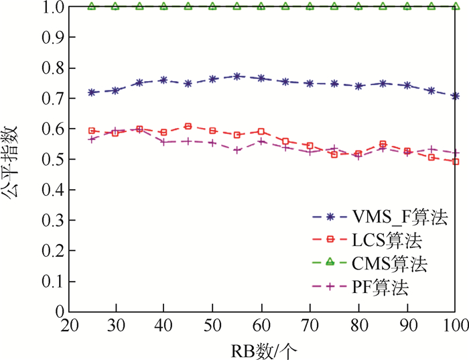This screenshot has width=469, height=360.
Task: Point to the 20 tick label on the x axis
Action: (68, 324)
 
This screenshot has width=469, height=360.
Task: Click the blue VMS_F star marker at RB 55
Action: (237, 76)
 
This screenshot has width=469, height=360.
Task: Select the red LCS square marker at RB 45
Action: (188, 126)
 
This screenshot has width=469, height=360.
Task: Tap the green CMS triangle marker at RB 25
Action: (92, 7)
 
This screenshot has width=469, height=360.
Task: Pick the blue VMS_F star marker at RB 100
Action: (455, 96)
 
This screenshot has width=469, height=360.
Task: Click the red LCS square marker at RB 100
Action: (455, 162)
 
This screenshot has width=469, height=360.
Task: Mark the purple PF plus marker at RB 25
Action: (92, 139)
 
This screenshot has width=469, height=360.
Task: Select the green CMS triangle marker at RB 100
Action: (455, 7)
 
